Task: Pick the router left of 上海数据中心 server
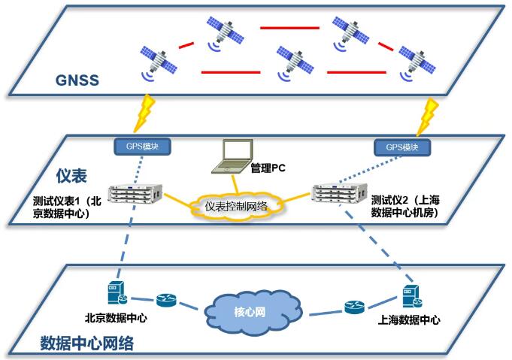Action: [354, 307]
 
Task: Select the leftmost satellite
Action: [157, 62]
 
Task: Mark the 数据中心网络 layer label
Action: [86, 344]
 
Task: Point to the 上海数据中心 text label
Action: [409, 320]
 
